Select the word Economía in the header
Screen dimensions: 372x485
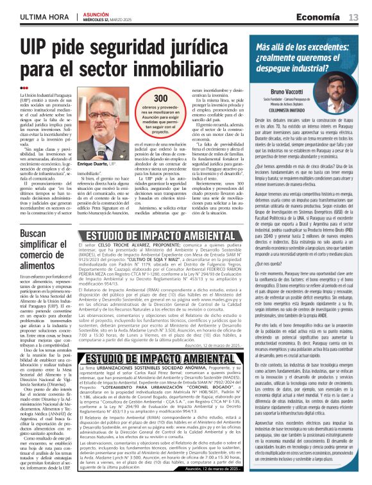pyautogui.click(x=322, y=17)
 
